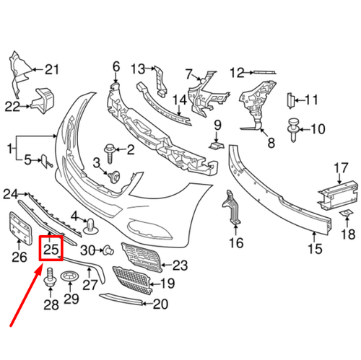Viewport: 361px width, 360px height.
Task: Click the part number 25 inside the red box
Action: click(x=51, y=250)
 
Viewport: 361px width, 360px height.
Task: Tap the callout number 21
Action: click(x=51, y=70)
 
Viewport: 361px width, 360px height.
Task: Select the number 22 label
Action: click(x=13, y=106)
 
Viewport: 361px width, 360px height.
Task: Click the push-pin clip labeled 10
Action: click(x=294, y=128)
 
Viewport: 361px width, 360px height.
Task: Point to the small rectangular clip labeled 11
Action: click(x=289, y=100)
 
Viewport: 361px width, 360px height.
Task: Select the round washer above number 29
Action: click(x=71, y=276)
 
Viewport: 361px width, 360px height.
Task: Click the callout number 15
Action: click(x=314, y=250)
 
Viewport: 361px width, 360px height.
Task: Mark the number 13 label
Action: click(x=138, y=69)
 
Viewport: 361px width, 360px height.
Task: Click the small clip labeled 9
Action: click(x=214, y=146)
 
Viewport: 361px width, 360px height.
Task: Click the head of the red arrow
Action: click(x=40, y=268)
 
